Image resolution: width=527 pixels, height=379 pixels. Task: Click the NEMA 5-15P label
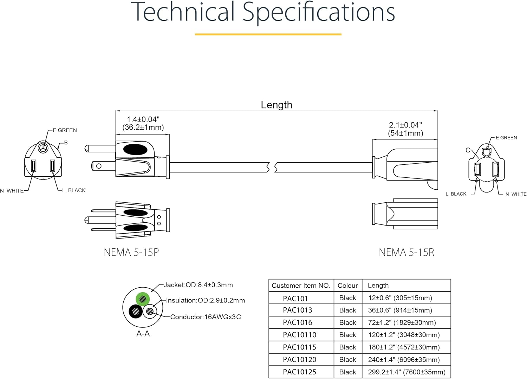[x=131, y=252]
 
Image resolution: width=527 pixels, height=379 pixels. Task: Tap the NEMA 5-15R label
[x=406, y=252]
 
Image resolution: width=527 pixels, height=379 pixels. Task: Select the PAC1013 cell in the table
[x=297, y=310]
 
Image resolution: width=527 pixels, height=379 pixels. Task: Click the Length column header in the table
[x=378, y=285]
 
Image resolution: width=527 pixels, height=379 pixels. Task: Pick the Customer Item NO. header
[x=301, y=285]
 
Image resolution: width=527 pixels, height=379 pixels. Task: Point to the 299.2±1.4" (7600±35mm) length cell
[x=406, y=372]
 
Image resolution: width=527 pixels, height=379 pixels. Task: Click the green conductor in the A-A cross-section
[x=143, y=299]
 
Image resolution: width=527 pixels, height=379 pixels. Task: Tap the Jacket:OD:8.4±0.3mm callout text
[x=198, y=285]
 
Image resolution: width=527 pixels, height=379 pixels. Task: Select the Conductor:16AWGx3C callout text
[x=206, y=317]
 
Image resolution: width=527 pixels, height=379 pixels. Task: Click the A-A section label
[x=143, y=334]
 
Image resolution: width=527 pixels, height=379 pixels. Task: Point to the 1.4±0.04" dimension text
[x=143, y=119]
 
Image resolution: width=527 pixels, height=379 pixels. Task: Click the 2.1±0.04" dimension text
[x=405, y=125]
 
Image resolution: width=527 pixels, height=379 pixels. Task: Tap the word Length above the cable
[x=276, y=105]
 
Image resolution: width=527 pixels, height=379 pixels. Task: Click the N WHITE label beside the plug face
[x=12, y=191]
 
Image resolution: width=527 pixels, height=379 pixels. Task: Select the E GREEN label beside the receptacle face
[x=506, y=138]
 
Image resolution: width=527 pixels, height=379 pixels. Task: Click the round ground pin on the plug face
[x=43, y=148]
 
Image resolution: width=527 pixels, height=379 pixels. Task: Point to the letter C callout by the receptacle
[x=468, y=150]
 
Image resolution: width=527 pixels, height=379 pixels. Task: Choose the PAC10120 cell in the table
[x=299, y=360]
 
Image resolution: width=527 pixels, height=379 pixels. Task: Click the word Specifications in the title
[x=319, y=12]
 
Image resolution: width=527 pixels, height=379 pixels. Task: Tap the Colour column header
[x=347, y=285]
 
